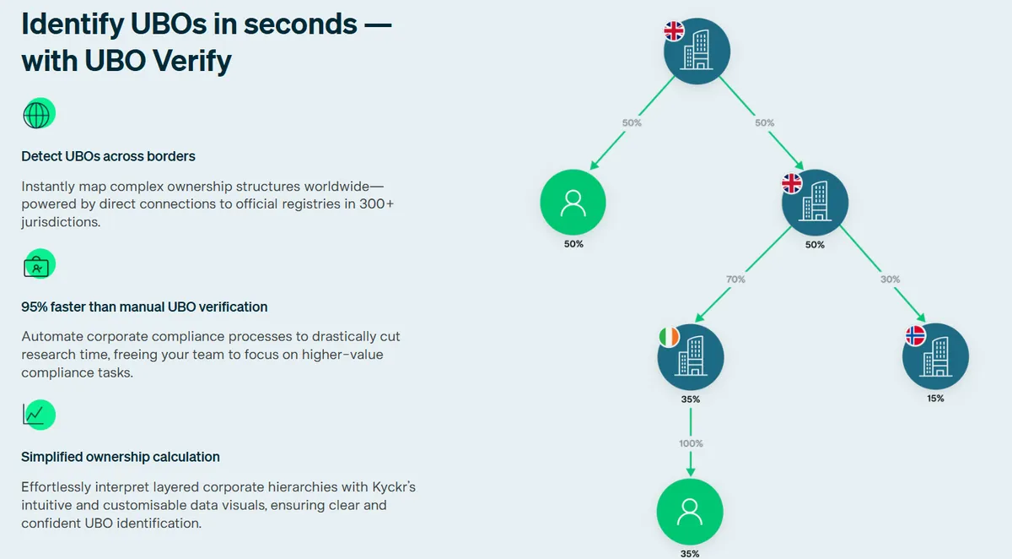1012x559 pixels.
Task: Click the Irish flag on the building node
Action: pos(669,337)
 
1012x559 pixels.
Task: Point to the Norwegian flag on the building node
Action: pos(916,335)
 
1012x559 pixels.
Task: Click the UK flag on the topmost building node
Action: pos(674,30)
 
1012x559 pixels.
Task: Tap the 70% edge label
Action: pos(735,279)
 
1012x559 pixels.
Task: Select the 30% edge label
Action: pos(890,279)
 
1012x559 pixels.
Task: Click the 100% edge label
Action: pos(691,443)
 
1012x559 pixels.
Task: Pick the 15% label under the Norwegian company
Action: pos(935,399)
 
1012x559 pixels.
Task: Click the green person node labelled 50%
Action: pos(573,202)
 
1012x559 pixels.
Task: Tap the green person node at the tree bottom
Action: pos(690,512)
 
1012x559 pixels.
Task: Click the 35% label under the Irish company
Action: pos(691,399)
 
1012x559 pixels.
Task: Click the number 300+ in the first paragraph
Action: pos(377,204)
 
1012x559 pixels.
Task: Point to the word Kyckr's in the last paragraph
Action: pos(394,487)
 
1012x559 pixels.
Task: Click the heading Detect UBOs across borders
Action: pos(109,156)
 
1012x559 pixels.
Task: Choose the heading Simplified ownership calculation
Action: pos(121,457)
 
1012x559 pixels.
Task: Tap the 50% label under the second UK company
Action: pos(815,245)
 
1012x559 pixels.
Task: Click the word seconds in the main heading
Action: pos(300,24)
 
